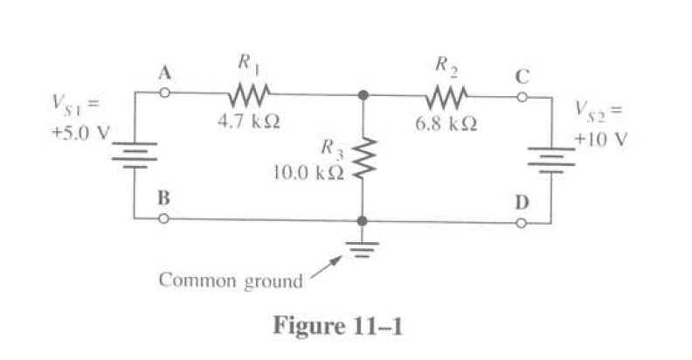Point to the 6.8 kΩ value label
[x=446, y=123]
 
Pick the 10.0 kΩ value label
[x=308, y=171]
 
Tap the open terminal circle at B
[x=163, y=218]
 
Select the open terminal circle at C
[x=522, y=96]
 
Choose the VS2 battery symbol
[x=550, y=158]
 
